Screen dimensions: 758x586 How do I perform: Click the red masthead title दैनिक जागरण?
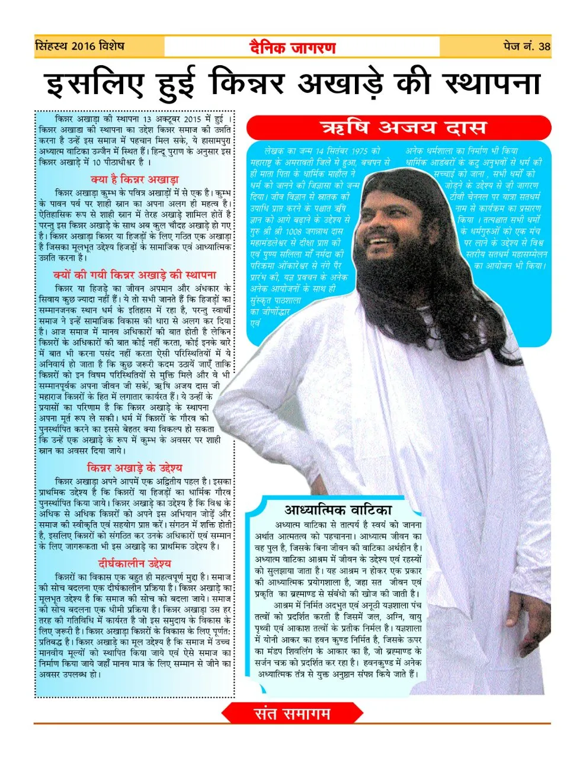click(292, 47)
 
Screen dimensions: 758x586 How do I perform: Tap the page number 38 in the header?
click(544, 47)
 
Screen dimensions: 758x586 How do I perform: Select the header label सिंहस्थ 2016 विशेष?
click(80, 46)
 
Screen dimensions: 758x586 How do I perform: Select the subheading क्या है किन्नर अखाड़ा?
click(135, 179)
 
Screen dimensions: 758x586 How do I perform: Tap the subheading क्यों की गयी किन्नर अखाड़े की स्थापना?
click(135, 275)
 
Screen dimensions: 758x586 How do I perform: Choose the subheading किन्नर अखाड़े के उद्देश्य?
click(135, 468)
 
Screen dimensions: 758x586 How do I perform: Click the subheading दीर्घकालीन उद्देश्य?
click(135, 563)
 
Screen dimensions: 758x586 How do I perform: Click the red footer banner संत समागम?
click(292, 714)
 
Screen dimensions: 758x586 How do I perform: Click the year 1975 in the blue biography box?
click(369, 152)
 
